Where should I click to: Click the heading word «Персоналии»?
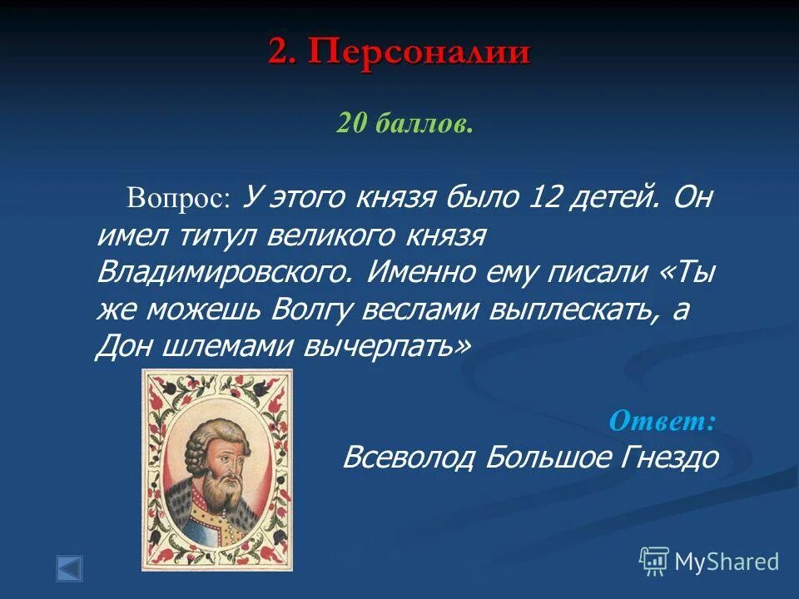419,52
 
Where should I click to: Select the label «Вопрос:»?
176,200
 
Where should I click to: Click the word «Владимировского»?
223,272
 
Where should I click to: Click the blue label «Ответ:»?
662,420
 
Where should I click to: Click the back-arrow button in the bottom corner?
70,568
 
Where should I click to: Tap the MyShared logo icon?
654,562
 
